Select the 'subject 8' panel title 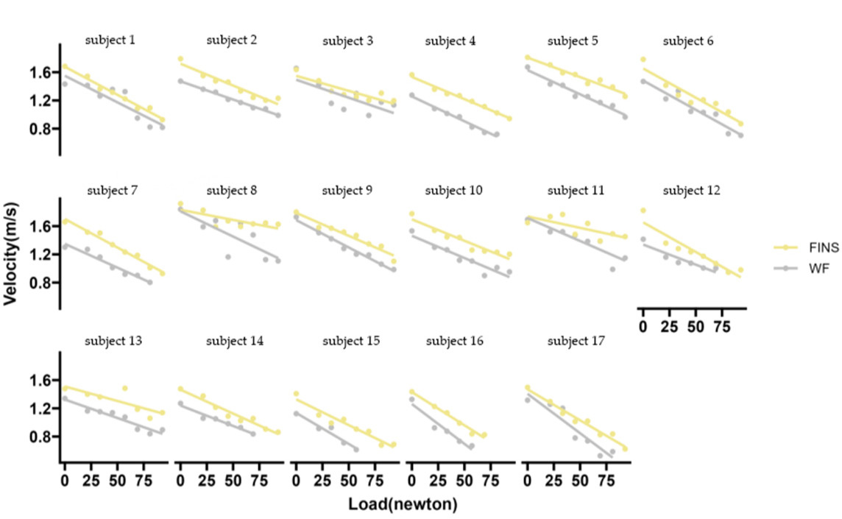232,191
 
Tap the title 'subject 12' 687,191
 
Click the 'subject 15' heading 347,341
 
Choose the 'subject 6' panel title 687,40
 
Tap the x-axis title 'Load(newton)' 403,505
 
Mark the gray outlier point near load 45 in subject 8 228,257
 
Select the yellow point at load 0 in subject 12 643,211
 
